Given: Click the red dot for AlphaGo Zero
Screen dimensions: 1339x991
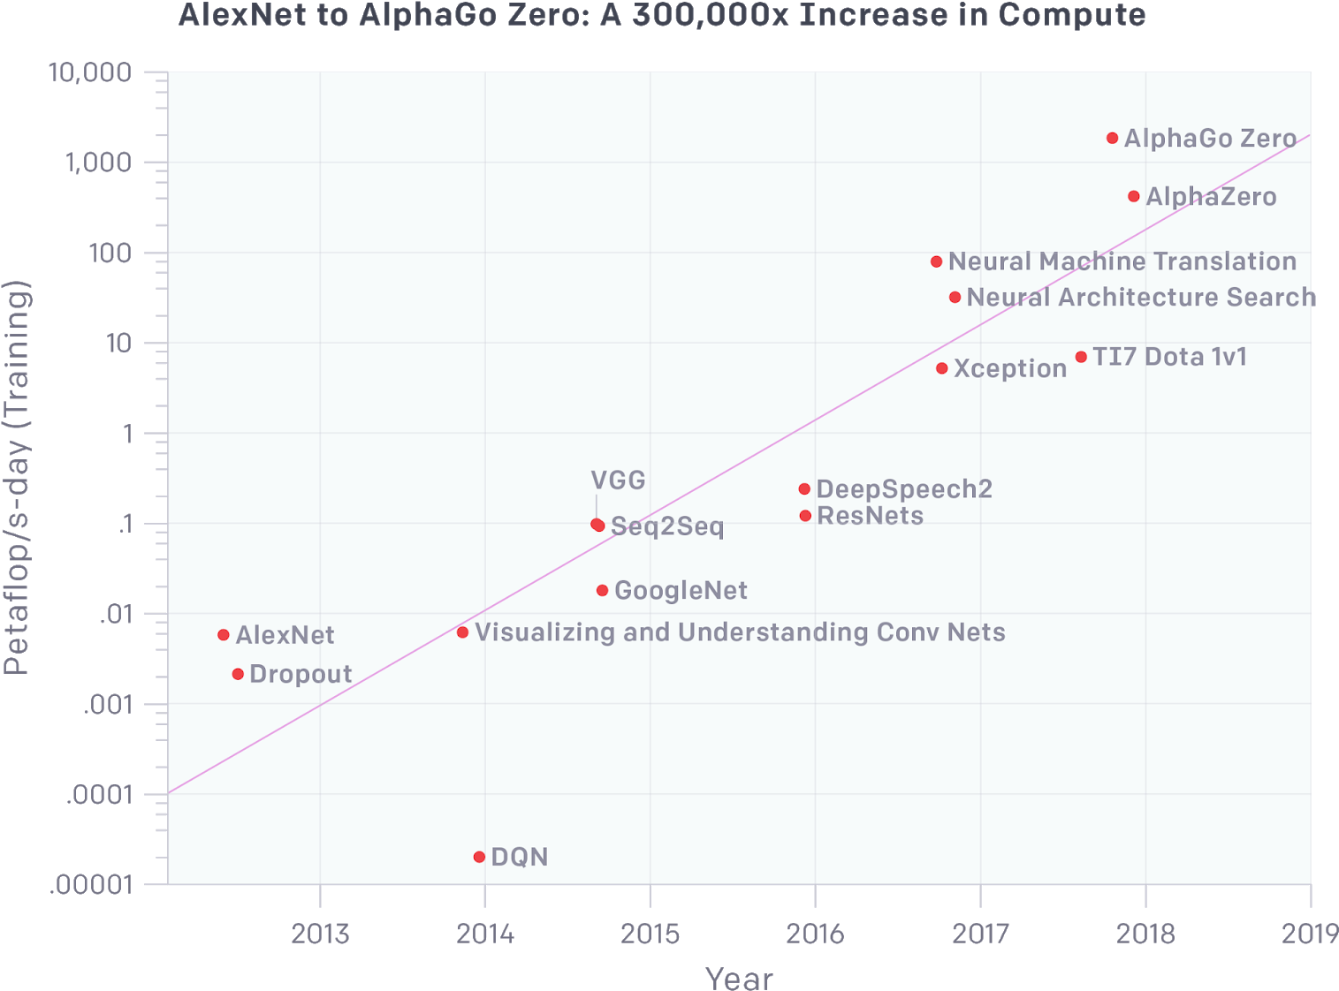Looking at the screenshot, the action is click(x=1112, y=138).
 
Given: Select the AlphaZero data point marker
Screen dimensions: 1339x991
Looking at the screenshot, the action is click(x=1134, y=196).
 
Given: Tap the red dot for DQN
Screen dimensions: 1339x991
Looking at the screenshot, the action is click(x=479, y=857).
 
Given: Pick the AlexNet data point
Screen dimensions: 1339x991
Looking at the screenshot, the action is click(x=224, y=635).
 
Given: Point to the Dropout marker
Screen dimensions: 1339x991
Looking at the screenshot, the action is click(x=238, y=674).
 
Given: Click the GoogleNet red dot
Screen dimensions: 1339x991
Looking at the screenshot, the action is click(x=602, y=590).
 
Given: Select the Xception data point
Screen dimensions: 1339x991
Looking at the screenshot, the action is click(x=942, y=368).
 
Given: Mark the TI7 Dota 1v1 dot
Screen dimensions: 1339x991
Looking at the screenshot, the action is click(x=1081, y=358).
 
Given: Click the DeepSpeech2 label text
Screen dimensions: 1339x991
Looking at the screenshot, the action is click(x=904, y=488).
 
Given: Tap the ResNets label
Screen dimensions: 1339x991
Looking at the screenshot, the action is click(x=870, y=516).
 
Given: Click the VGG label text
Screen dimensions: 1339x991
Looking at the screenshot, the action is click(x=618, y=480).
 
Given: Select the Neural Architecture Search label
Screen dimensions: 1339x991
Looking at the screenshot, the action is click(x=1141, y=297).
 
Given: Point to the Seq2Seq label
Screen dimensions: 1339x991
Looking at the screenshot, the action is click(x=667, y=527).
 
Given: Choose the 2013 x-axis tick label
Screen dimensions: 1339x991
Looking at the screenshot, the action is click(x=320, y=934).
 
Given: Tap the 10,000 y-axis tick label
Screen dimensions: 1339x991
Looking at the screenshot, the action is click(x=90, y=72).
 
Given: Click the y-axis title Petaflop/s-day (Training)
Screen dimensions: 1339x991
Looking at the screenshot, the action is click(x=16, y=478).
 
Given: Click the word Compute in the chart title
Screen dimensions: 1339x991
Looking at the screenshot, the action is click(x=1071, y=14).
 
